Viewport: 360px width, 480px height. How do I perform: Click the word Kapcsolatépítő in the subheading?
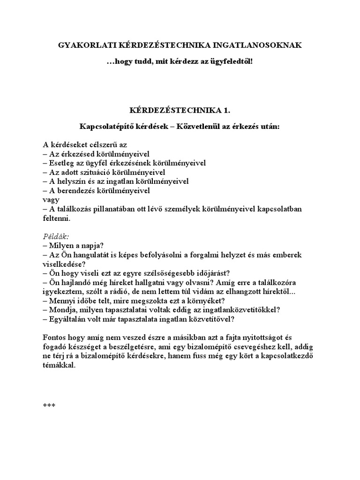pos(104,127)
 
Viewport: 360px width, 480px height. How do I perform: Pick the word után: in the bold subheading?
pos(268,127)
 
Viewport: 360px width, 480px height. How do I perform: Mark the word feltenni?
pos(56,218)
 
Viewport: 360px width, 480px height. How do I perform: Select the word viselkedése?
pos(60,264)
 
